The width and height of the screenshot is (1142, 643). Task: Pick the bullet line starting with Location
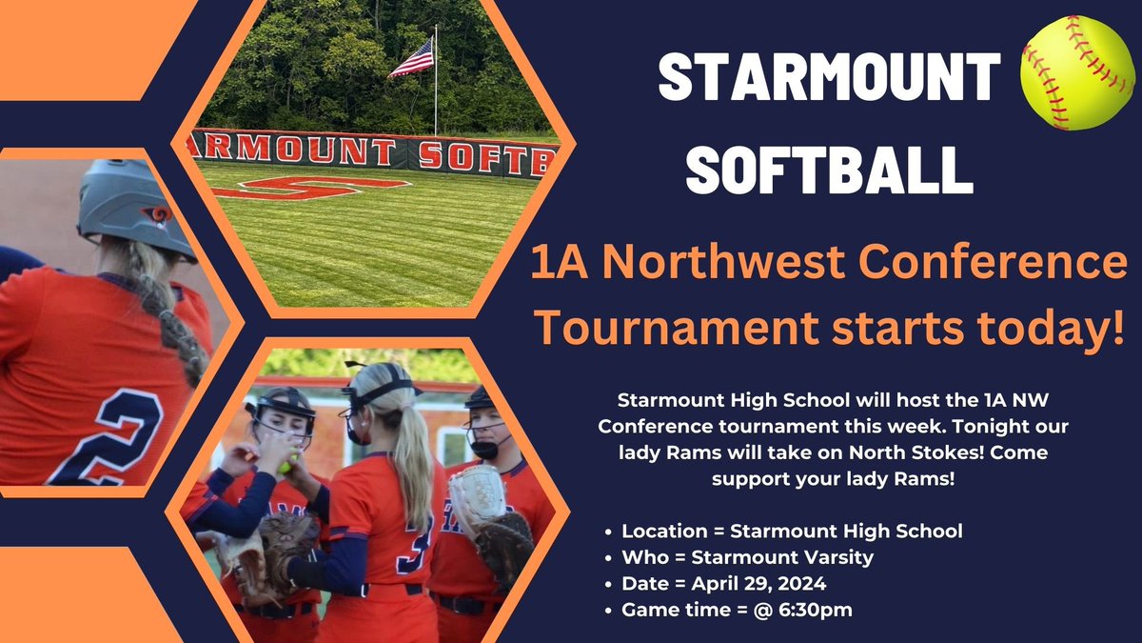coord(791,531)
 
